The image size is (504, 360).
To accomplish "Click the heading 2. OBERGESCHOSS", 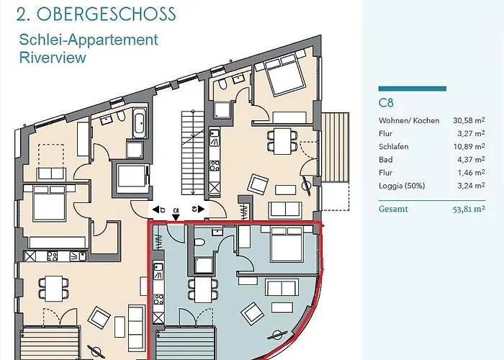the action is pos(96,14).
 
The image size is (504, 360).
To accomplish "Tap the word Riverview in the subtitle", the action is pos(53,58).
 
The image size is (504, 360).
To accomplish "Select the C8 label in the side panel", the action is pos(386,103).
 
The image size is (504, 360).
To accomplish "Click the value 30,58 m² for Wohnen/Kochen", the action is pos(469,120).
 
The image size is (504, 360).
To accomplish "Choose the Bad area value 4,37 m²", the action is pos(471,159).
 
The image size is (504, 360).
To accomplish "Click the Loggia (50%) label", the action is pos(402,186).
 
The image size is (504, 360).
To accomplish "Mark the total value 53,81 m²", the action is pos(469,209).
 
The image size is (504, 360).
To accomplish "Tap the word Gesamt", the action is pos(393,209).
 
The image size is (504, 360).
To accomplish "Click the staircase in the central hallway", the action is pos(192,153).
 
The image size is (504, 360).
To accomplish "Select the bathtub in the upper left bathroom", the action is pos(140,123).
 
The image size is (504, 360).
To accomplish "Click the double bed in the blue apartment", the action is pos(287,244).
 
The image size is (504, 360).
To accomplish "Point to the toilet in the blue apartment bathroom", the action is pos(199,243).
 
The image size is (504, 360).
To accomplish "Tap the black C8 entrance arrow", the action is pos(176,217).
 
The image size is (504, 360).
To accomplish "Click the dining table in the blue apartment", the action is pos(203,289).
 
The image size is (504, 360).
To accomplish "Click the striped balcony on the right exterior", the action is pos(336,147).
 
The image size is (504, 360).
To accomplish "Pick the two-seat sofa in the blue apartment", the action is pos(282,287).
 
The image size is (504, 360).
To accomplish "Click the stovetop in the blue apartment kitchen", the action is pos(158,300).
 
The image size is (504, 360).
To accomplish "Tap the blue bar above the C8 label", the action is pos(413,89).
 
